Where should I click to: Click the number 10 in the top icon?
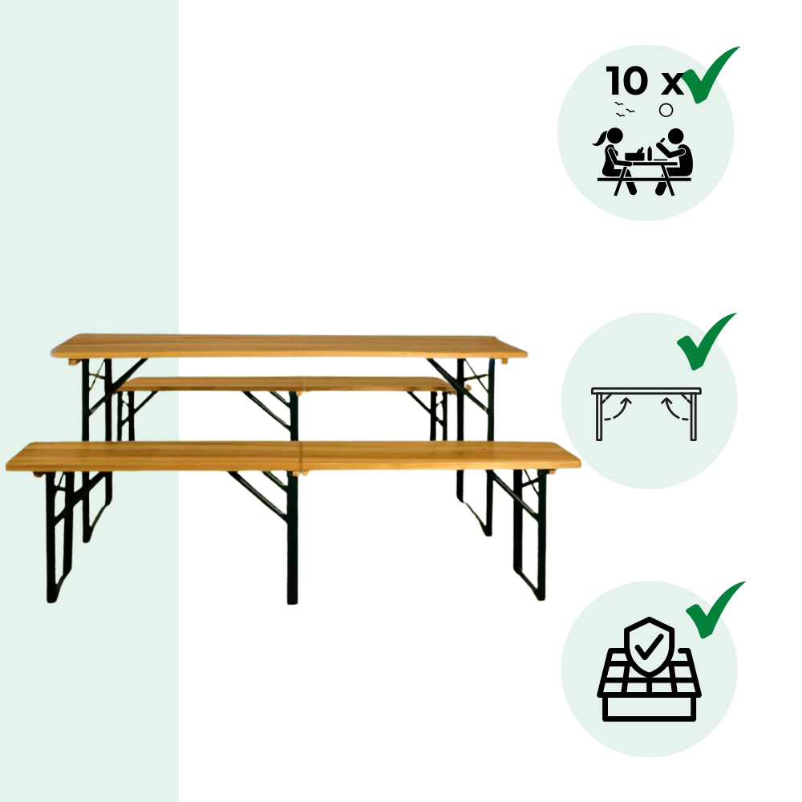tap(627, 81)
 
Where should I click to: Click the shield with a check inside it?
tap(649, 646)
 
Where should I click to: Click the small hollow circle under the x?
tap(666, 110)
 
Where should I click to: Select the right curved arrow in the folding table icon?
tap(674, 410)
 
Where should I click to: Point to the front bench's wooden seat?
tap(293, 456)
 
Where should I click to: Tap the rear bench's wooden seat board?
tap(286, 384)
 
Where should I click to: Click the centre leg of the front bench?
tap(292, 537)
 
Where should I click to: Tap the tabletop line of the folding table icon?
tap(646, 391)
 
